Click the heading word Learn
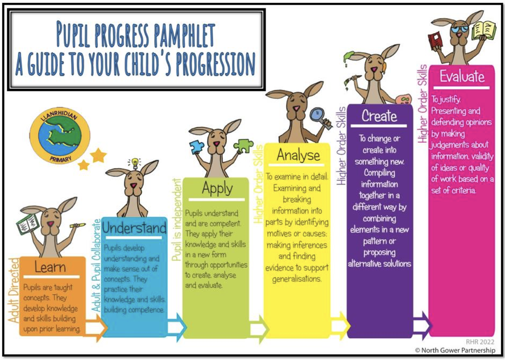click(50, 267)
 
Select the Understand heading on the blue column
click(134, 228)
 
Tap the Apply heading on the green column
click(217, 189)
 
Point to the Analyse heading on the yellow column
click(298, 155)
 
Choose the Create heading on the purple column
click(379, 116)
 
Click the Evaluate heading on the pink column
click(462, 77)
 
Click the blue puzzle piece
click(196, 147)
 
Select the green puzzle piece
click(244, 146)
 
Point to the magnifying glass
click(320, 118)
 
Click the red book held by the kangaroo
click(436, 40)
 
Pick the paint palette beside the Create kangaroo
click(403, 98)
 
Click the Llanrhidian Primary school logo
click(60, 135)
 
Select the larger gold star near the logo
click(98, 155)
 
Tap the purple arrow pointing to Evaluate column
click(422, 325)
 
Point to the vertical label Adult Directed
click(14, 290)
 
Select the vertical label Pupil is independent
click(177, 220)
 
